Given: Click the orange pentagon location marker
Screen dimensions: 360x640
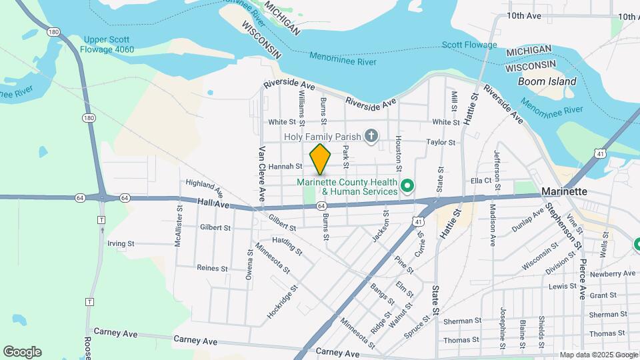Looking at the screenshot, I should click(x=320, y=159).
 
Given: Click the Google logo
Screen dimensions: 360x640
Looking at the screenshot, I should click(x=22, y=352).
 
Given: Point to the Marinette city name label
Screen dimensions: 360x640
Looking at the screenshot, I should click(x=565, y=191).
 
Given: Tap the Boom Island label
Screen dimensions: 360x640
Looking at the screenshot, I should click(x=547, y=81).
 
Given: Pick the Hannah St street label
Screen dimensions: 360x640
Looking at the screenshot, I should click(x=285, y=167).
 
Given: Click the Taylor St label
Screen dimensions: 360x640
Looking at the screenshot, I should click(x=441, y=142).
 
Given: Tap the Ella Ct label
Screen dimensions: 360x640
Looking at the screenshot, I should click(x=481, y=180).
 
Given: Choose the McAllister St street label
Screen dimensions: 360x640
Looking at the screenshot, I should click(x=179, y=226).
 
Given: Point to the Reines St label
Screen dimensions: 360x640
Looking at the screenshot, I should click(x=213, y=267).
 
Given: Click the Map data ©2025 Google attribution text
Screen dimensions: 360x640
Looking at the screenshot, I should click(x=598, y=355).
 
